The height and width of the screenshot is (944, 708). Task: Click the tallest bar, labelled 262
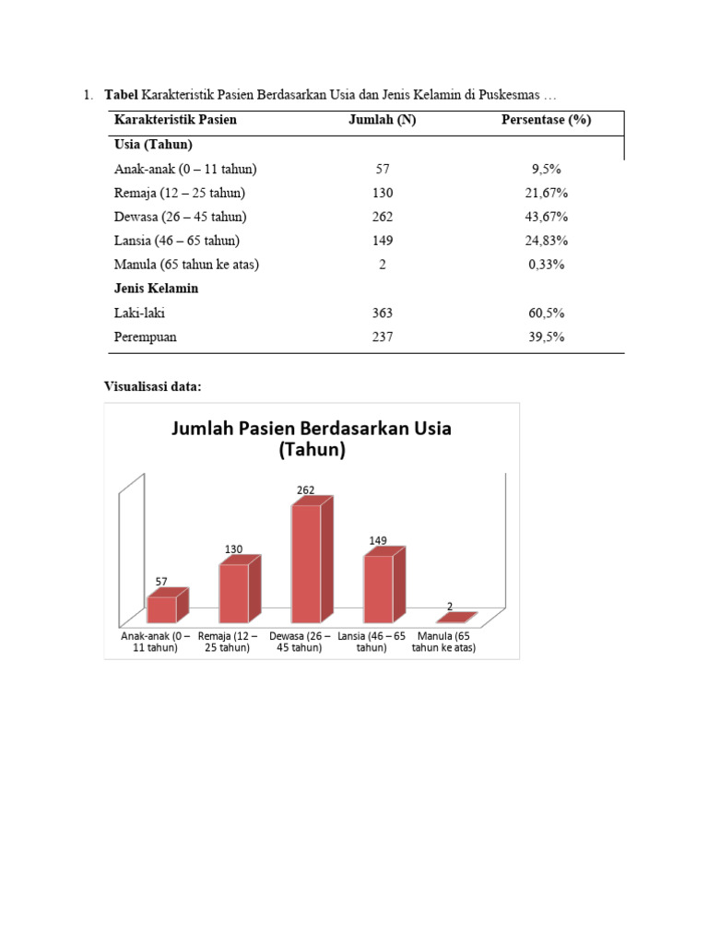point(306,562)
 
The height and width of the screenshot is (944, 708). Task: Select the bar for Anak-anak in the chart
point(161,609)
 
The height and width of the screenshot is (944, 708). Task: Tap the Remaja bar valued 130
point(233,593)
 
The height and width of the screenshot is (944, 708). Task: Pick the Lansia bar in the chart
point(378,588)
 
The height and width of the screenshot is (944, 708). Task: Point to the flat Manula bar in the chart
point(455,618)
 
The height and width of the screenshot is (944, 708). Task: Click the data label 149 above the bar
point(378,540)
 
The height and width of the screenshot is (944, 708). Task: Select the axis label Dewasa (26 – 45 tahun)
point(300,642)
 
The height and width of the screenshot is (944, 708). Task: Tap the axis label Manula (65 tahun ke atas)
point(443,642)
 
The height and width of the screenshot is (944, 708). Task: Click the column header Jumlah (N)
point(382,120)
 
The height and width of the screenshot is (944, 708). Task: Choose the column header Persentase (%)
point(546,120)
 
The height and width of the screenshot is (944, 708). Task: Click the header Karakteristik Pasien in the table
point(175,120)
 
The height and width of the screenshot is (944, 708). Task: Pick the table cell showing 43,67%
point(546,217)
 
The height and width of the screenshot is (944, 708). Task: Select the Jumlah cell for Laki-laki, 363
point(382,313)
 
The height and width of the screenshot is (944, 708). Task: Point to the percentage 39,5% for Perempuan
point(546,336)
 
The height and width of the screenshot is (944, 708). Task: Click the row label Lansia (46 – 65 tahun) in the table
point(177,241)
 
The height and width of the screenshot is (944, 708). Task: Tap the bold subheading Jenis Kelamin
point(156,289)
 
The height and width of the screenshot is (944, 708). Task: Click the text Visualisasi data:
point(152,386)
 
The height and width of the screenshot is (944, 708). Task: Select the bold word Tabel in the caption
point(121,94)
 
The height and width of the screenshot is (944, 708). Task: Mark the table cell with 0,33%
point(546,265)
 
